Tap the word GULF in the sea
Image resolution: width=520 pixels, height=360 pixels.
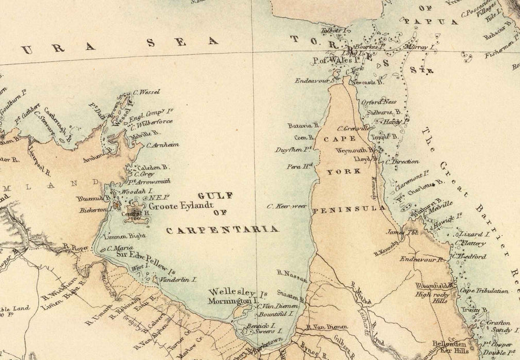coord(214,195)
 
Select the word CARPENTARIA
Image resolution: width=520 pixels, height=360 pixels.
coord(222,229)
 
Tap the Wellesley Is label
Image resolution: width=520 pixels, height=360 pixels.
coord(237,292)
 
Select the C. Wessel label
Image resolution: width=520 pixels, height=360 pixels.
coord(146,91)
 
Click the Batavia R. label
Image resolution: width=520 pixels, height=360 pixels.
coord(303,125)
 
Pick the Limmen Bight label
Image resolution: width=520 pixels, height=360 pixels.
coord(123,236)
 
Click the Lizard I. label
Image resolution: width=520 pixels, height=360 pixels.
coord(474,235)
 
